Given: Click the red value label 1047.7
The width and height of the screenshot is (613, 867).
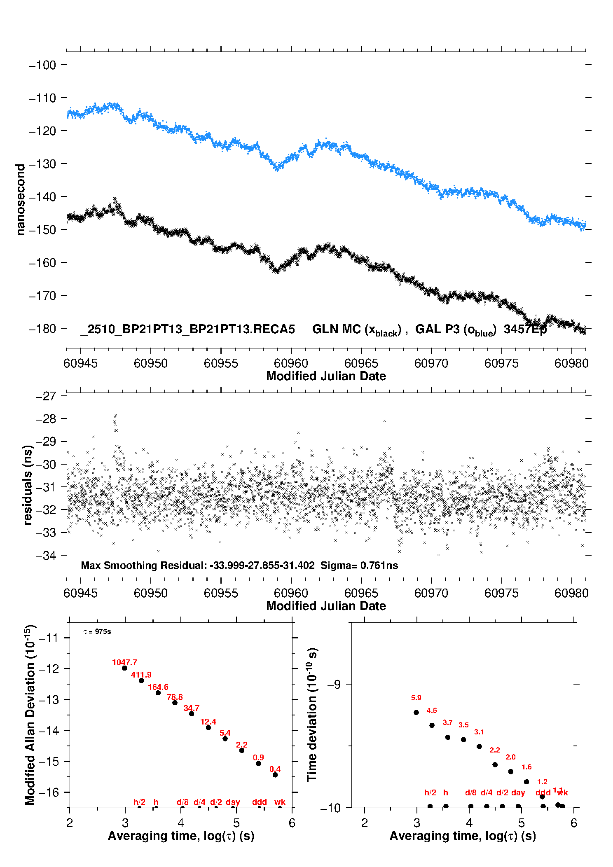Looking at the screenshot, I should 124,662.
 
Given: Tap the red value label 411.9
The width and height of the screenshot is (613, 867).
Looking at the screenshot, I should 141,675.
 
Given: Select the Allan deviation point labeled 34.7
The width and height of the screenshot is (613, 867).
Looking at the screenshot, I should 192,714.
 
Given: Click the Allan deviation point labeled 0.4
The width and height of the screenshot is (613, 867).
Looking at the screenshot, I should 275,775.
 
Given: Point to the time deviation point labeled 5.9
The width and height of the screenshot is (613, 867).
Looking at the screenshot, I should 416,713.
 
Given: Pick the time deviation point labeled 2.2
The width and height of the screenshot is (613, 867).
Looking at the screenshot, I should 495,764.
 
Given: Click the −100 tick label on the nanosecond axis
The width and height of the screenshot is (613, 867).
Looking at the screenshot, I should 42,65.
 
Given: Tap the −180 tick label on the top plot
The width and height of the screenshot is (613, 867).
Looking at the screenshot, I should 42,329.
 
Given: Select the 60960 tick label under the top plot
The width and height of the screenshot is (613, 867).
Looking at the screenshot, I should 291,363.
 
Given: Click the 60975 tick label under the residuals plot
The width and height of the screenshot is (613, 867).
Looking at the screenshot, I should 501,593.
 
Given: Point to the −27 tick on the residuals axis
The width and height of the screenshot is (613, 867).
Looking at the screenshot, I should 45,396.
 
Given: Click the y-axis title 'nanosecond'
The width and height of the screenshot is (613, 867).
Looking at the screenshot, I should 21,200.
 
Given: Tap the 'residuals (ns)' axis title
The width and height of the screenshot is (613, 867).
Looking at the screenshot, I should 28,485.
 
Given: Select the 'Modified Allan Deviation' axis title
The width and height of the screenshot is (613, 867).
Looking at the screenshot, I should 30,715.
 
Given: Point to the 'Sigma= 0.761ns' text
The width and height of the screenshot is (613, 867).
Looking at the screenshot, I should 359,566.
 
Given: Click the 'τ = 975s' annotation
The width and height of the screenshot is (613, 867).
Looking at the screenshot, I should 97,632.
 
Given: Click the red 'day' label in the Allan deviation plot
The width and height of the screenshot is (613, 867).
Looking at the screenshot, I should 233,802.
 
